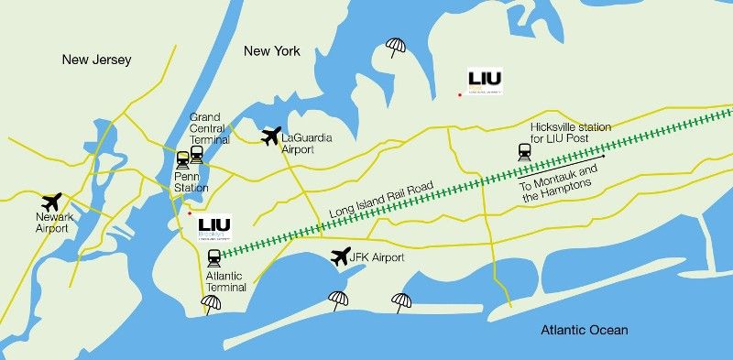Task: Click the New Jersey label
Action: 97,60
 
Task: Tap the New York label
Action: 272,51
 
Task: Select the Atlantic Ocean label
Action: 584,331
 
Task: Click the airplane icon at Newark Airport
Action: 52,202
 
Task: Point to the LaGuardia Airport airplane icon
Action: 270,136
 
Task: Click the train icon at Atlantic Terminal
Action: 214,257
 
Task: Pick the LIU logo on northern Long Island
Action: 485,81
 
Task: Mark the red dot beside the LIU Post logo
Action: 460,94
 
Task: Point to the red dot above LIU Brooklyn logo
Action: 190,213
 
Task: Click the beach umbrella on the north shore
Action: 396,48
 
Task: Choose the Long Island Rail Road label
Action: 380,201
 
